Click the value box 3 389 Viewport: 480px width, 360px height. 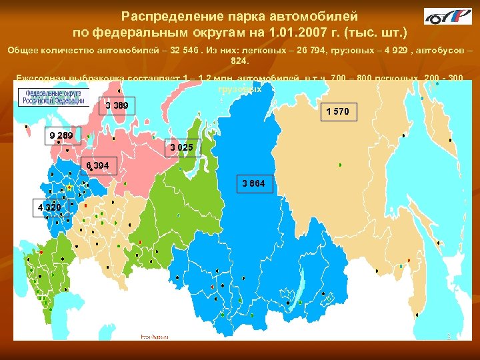[x=117, y=106]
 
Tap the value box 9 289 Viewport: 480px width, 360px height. [x=60, y=137]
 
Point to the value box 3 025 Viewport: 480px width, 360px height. [x=181, y=147]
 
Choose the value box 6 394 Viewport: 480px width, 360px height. [x=99, y=165]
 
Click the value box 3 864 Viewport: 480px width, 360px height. [x=253, y=183]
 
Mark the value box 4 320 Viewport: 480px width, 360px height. [x=49, y=207]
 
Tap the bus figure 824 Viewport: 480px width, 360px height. [x=239, y=61]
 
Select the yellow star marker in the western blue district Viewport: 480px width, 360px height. [x=69, y=189]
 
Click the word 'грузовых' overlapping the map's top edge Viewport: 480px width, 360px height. [x=239, y=88]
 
